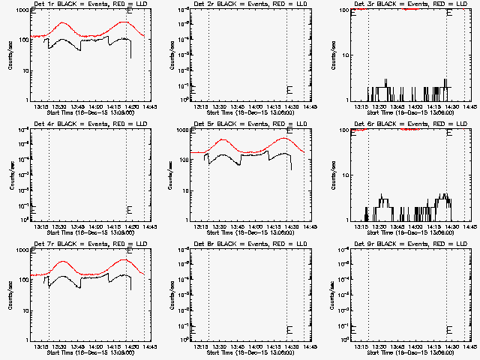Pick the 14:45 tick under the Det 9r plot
click(x=470, y=348)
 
